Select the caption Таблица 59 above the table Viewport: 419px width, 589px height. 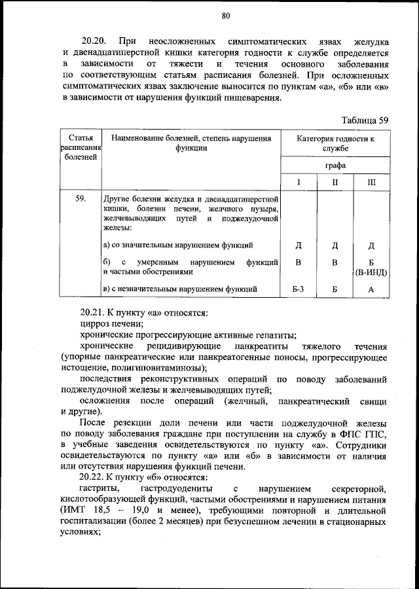tap(365, 120)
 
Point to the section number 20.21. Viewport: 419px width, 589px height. tap(94, 313)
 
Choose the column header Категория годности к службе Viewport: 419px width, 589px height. tap(335, 143)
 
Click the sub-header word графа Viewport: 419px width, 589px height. tap(335, 166)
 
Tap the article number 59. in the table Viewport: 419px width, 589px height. tap(81, 198)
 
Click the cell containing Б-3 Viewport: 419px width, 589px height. tap(298, 289)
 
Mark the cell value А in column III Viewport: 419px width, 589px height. tap(371, 289)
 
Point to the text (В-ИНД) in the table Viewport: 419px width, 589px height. tap(371, 272)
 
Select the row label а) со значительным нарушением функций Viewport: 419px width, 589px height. tap(178, 245)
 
